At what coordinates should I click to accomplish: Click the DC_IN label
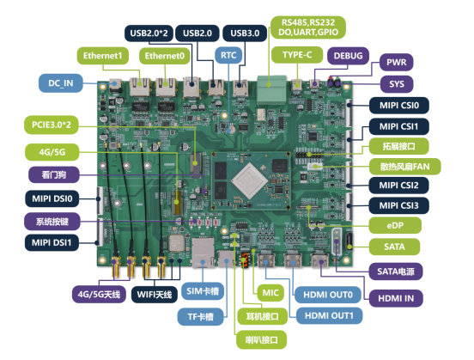pos(61,82)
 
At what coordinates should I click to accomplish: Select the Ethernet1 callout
pos(103,56)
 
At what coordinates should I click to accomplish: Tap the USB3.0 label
pos(245,33)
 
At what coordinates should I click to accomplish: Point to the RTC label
pos(228,55)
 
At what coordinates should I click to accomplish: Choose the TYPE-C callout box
pos(297,55)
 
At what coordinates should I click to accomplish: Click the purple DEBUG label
pos(349,56)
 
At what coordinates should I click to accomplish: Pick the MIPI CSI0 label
pos(399,106)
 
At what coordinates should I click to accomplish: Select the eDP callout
pos(395,225)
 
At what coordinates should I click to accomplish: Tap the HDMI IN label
pos(396,298)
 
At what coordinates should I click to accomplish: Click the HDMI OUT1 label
pos(329,316)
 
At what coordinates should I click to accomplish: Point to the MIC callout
pos(270,293)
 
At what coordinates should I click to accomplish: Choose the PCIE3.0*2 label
pos(52,125)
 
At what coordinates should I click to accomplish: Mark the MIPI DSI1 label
pos(52,242)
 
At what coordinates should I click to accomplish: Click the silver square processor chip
pos(249,181)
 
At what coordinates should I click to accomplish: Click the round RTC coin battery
pos(231,130)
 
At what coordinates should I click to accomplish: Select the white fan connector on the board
pos(314,166)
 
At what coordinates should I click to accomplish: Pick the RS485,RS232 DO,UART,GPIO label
pos(308,27)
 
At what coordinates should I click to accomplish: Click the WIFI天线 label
pos(155,295)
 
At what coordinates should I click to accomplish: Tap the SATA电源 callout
pos(396,272)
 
